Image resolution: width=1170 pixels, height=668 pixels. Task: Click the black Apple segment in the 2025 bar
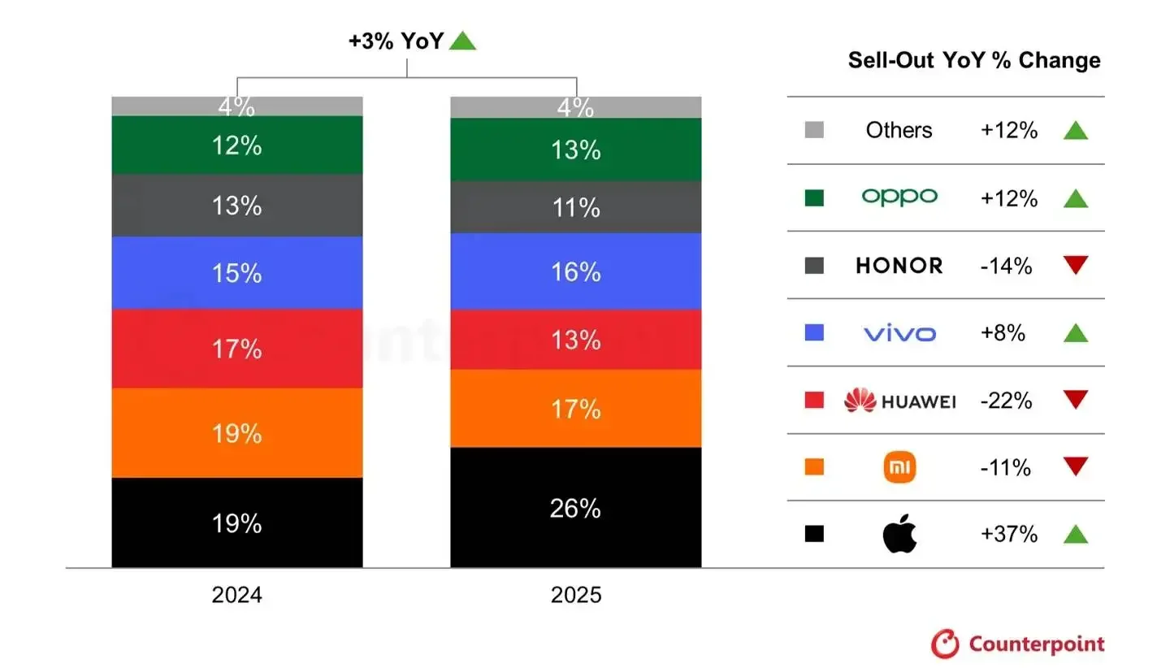pos(575,507)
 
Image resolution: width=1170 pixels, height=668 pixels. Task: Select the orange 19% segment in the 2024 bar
pos(236,432)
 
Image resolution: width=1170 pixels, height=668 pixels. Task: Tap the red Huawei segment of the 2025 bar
pos(575,339)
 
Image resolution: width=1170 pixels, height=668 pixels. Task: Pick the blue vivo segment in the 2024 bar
pos(236,272)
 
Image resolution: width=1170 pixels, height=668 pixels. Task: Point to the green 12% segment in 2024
pos(236,145)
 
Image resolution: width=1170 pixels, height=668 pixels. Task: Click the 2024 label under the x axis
pos(236,595)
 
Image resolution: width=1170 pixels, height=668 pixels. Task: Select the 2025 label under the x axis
pos(575,595)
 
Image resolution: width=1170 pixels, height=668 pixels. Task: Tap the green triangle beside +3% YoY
pos(462,41)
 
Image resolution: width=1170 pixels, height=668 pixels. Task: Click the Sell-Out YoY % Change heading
pos(974,60)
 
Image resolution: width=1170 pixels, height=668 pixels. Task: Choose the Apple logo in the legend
pos(899,535)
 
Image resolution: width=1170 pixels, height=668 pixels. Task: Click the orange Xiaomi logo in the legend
pos(899,467)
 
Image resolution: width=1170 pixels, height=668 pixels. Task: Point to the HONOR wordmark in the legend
pos(899,266)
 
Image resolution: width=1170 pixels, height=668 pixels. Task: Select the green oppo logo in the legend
pos(899,197)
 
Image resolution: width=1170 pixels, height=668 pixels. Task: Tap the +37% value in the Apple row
pos(1008,534)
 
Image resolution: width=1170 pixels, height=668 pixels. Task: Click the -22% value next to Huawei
pos(1006,400)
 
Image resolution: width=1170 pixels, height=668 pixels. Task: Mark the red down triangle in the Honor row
pos(1075,266)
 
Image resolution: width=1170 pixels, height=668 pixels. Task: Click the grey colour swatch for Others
pos(814,130)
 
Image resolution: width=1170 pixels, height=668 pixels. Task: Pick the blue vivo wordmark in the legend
pos(899,333)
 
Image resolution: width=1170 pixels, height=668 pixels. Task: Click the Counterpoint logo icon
pos(945,644)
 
